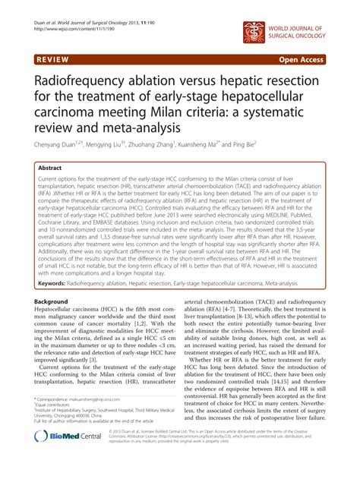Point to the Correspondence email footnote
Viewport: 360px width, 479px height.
[x=84, y=421]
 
